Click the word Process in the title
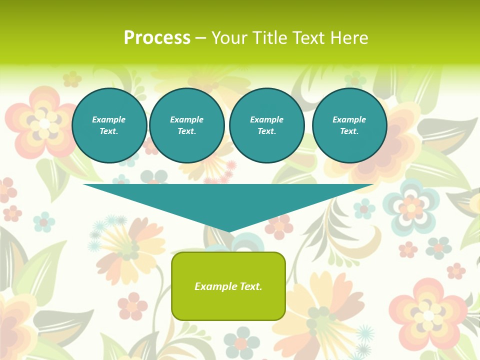[157, 38]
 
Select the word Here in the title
[348, 38]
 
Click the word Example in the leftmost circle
[109, 119]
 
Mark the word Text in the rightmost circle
[349, 131]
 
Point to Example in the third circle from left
[266, 119]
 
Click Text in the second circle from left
[186, 131]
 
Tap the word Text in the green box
[251, 286]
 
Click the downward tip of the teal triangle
[228, 231]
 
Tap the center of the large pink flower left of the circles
[44, 123]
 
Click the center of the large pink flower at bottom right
[428, 315]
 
